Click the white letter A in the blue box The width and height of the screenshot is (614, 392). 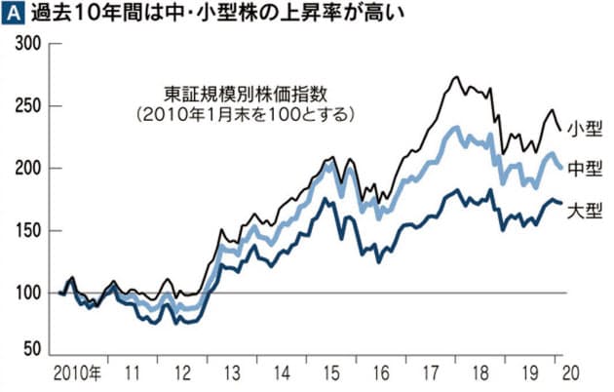(x=13, y=14)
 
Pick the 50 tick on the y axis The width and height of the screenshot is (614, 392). (x=32, y=348)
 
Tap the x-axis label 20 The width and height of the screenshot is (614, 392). (x=571, y=373)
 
